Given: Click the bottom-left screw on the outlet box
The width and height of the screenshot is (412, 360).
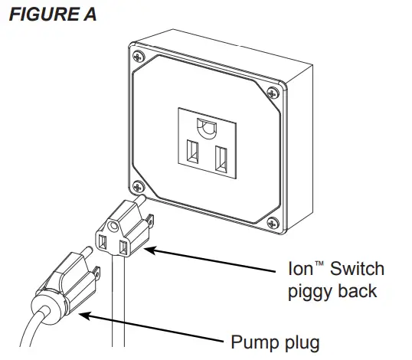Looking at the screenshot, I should coord(136,185).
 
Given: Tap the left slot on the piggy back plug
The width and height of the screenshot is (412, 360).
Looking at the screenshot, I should coord(102,243).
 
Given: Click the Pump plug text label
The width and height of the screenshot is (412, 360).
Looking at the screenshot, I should coord(274,340).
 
